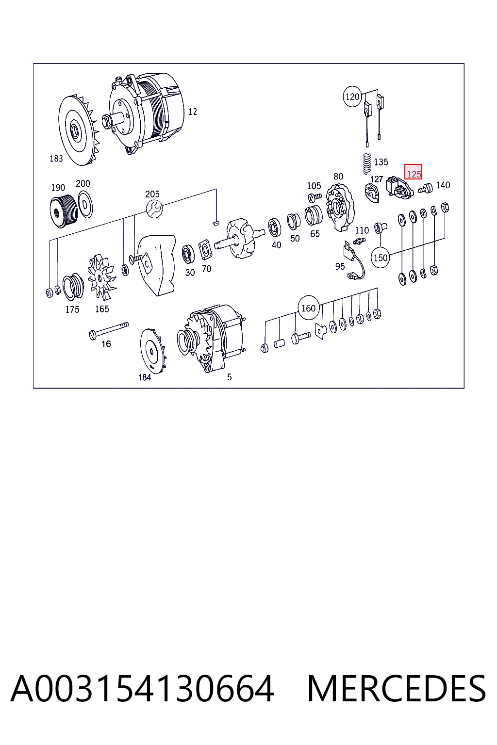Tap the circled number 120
click(352, 97)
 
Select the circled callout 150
click(381, 258)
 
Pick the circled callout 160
click(309, 308)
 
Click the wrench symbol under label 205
click(154, 209)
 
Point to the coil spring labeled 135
click(366, 163)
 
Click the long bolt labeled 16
click(109, 330)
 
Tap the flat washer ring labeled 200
click(85, 205)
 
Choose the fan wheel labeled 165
click(101, 276)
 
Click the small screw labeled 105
click(315, 197)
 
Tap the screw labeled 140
click(426, 189)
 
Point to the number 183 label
click(56, 158)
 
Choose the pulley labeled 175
click(73, 287)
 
